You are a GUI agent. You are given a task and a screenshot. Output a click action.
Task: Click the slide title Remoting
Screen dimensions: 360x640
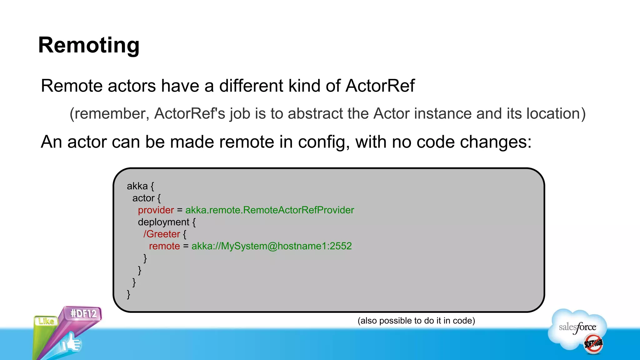[x=89, y=45]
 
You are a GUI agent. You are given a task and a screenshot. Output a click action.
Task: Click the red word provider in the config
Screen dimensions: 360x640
[x=156, y=210]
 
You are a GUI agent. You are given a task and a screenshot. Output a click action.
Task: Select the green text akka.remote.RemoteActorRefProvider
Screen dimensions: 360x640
[x=269, y=210]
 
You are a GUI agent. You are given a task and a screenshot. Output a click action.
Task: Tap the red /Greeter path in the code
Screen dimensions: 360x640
[x=162, y=234]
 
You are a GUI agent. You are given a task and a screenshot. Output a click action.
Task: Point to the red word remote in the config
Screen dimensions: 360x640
[x=164, y=246]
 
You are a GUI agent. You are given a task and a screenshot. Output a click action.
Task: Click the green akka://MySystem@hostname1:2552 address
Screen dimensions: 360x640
[x=271, y=246]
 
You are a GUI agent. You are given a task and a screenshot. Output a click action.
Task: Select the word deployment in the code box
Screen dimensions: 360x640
[x=163, y=222]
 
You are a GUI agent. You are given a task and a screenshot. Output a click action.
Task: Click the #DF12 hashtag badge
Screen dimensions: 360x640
[x=83, y=313]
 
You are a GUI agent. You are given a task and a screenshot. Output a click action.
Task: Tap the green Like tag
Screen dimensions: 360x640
[x=46, y=321]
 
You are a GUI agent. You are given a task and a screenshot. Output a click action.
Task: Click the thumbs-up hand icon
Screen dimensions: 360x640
[x=71, y=343]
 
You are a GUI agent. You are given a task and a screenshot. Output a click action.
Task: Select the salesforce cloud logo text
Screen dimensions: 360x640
[x=577, y=327]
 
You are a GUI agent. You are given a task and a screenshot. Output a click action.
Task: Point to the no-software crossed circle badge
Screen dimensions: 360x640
[x=593, y=343]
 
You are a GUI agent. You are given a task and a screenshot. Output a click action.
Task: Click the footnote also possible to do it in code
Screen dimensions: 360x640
[x=416, y=321]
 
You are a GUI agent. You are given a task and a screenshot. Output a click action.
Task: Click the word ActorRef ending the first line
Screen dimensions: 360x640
[x=380, y=86]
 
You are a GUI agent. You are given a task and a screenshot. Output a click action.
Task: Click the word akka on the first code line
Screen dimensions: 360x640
[x=137, y=186]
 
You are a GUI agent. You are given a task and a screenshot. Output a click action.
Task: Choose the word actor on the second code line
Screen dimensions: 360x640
[x=143, y=198]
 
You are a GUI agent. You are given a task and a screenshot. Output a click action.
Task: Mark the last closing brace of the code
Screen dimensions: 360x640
[x=128, y=294]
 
